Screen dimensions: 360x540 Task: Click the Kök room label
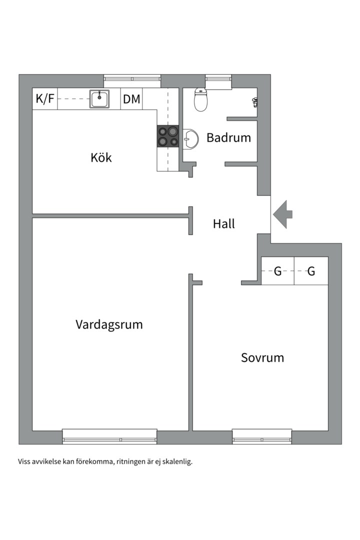[x=101, y=157]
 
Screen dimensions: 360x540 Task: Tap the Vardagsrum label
[x=109, y=324]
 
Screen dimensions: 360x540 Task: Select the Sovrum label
[x=262, y=357]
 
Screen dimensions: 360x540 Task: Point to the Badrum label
[x=228, y=137]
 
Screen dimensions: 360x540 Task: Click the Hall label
[x=224, y=223]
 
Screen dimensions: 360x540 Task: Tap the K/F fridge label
[x=45, y=99]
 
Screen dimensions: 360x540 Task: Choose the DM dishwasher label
[x=131, y=99]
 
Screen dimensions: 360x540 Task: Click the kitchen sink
[x=99, y=99]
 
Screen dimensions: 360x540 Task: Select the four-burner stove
[x=168, y=136]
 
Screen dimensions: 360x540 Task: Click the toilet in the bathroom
[x=200, y=99]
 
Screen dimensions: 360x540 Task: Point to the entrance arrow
[x=282, y=214]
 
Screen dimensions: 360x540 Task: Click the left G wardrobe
[x=277, y=271]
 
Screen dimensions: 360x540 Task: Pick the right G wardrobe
[x=311, y=271]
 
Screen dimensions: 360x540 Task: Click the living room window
[x=109, y=436]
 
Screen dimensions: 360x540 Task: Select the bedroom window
[x=262, y=436]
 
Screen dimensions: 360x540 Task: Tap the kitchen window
[x=132, y=81]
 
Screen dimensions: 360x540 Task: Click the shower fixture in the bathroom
[x=255, y=102]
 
